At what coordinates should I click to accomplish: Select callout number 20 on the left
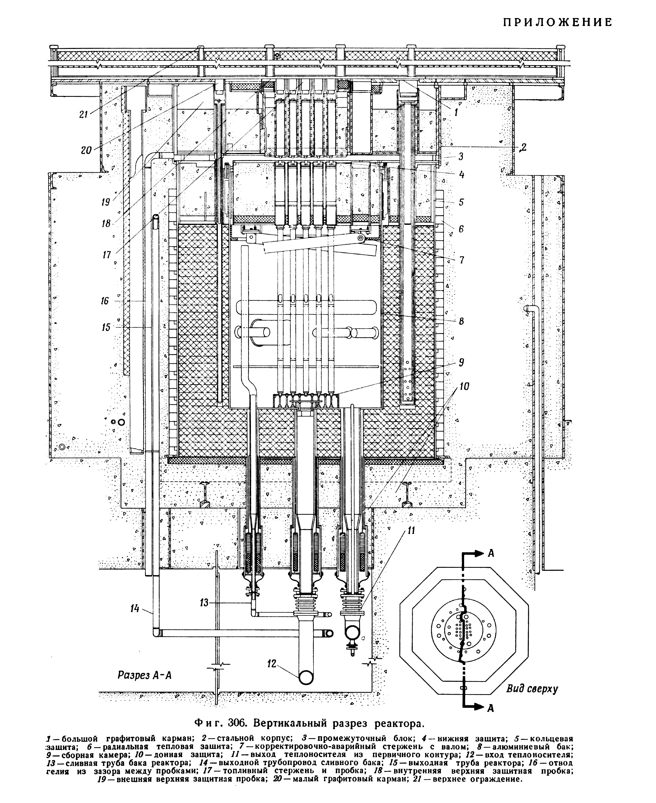click(86, 150)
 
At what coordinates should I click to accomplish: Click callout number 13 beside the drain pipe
click(204, 603)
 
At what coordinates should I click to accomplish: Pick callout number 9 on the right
click(461, 363)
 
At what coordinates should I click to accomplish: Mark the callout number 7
click(461, 260)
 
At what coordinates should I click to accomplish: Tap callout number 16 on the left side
click(105, 301)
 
